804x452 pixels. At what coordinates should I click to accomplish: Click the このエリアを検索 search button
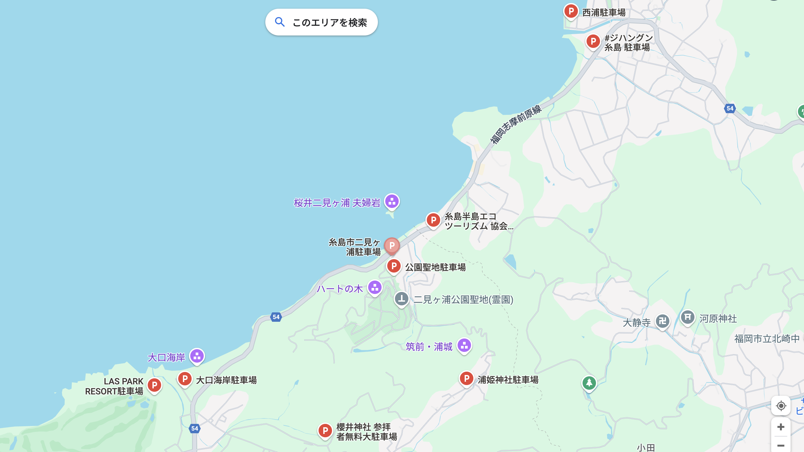[x=321, y=22]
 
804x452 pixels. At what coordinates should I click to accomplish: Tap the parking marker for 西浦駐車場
[x=571, y=11]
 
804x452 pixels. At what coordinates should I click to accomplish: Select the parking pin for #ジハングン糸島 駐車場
[x=593, y=42]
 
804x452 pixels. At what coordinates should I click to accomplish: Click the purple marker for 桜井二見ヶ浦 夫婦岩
[x=392, y=202]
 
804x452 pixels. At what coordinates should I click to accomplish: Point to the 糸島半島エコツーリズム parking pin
[x=433, y=220]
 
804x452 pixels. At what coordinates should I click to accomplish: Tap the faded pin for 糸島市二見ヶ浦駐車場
[x=392, y=245]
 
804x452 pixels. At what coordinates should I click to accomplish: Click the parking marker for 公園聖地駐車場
[x=394, y=266]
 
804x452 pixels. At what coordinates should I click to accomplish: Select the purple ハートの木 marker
[x=375, y=287]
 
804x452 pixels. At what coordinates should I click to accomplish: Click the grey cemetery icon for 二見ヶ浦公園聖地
[x=401, y=299]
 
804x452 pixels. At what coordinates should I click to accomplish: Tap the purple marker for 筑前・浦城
[x=464, y=346]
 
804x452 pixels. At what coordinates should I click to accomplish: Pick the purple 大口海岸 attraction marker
[x=197, y=356]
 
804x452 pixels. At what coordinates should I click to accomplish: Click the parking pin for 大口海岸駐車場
[x=185, y=379]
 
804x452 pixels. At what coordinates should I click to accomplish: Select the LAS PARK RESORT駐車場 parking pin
[x=154, y=385]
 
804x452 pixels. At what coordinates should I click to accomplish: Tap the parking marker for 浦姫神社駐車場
[x=466, y=379]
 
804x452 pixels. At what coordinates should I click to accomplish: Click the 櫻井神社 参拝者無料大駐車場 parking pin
[x=325, y=431]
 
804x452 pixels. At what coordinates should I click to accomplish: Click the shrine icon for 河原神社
[x=687, y=317]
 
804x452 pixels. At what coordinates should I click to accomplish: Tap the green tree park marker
[x=589, y=383]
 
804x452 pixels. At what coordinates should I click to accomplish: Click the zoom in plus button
[x=781, y=427]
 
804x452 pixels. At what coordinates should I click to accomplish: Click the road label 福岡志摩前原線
[x=516, y=125]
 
